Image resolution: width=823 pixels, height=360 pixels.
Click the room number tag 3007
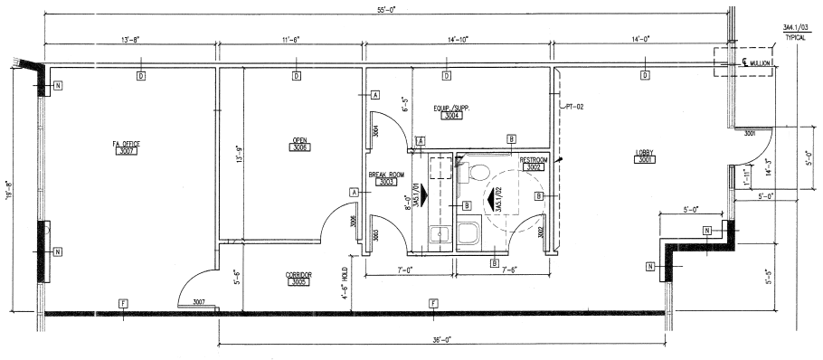(x=127, y=152)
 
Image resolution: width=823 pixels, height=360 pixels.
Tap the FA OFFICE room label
(x=127, y=143)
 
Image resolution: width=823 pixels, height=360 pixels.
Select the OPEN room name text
(x=299, y=139)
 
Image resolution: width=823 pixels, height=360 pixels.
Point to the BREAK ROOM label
(x=386, y=174)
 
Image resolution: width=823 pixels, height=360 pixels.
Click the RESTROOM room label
(x=508, y=159)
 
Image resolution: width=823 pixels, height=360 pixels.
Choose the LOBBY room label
(x=646, y=153)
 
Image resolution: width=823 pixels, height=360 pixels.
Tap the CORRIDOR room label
(x=299, y=274)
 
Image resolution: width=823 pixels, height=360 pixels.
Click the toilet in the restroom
(x=478, y=172)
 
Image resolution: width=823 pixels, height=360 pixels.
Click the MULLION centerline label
(x=755, y=63)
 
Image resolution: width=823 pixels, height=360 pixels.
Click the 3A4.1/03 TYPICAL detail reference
(x=795, y=34)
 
